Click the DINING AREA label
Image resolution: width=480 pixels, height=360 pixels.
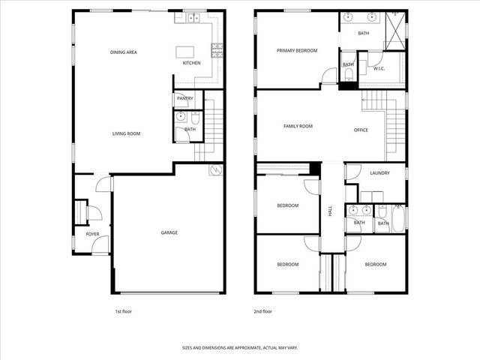[123, 52]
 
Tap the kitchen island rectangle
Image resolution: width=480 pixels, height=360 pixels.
[185, 52]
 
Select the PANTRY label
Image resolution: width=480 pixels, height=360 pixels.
[184, 98]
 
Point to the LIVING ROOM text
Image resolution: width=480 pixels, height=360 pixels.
[126, 133]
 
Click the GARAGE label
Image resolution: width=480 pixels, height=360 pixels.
[169, 232]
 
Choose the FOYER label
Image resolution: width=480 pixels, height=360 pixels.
[92, 234]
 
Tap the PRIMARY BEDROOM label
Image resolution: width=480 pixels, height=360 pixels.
[296, 51]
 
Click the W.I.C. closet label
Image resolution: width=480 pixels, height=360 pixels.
[379, 69]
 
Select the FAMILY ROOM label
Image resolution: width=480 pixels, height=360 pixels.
[298, 126]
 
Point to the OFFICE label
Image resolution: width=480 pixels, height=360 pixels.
[361, 130]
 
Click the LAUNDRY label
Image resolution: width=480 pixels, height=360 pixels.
[379, 173]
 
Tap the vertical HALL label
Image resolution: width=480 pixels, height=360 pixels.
[329, 211]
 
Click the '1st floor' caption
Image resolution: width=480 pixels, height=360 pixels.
[124, 310]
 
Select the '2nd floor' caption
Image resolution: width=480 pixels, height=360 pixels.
[262, 310]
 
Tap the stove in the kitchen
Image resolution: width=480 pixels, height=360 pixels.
[217, 51]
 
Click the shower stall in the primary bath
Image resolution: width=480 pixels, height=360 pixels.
[394, 31]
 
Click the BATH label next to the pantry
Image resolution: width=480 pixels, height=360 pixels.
[190, 130]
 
